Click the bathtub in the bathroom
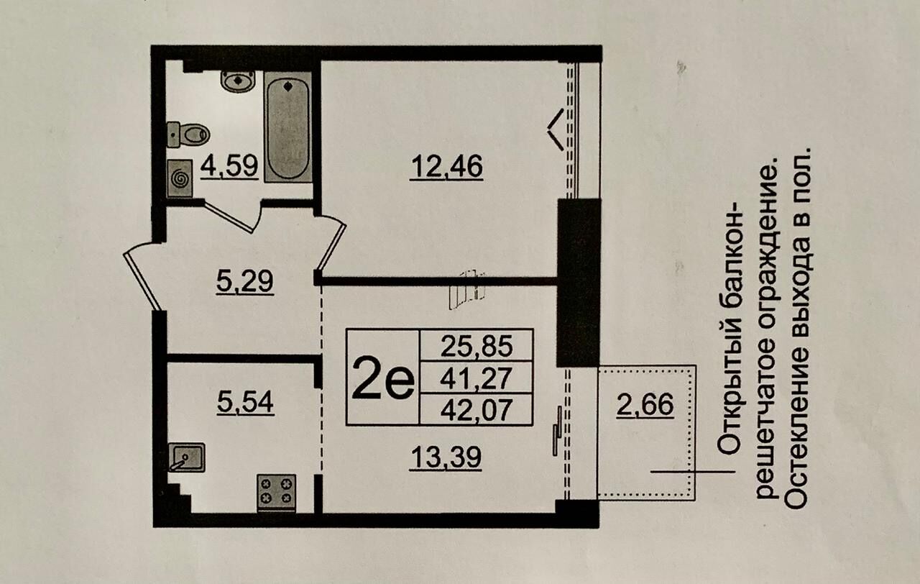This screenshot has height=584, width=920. coord(287,127)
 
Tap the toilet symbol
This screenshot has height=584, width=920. coord(188,134)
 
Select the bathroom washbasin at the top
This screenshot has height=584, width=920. coord(238,81)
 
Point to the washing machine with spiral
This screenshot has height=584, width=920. coord(180,178)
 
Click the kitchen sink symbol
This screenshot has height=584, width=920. coord(186,457)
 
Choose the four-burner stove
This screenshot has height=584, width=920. coord(277,493)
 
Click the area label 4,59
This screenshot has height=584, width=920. coord(229,166)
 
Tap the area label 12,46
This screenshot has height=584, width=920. coord(447,168)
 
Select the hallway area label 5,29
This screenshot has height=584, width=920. coord(244,282)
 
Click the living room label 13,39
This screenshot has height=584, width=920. coord(446,457)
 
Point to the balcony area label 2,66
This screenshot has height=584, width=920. coord(645,406)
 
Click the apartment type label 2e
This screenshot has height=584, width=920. coord(383,378)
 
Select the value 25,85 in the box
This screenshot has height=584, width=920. coord(477,346)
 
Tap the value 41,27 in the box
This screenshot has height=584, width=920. coord(477,378)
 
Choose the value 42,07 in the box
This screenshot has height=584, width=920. coord(477,410)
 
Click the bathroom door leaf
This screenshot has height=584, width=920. coord(229,216)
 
